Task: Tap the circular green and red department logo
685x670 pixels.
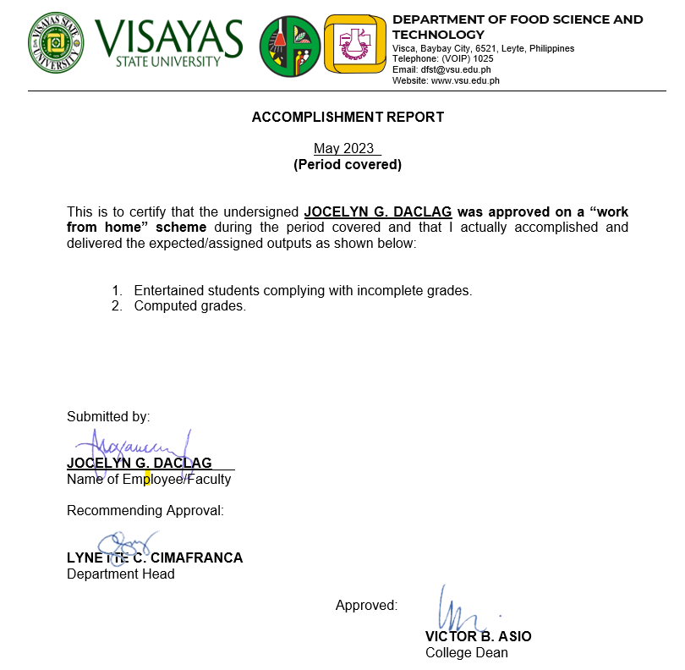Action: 289,46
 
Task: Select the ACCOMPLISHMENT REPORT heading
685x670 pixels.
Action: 348,118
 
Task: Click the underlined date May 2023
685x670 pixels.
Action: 344,149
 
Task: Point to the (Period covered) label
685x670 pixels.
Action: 348,165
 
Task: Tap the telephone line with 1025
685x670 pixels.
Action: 442,59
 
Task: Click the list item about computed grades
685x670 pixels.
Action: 189,306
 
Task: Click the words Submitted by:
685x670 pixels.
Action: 108,416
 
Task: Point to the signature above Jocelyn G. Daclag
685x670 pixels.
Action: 127,448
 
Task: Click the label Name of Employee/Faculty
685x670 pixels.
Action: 149,480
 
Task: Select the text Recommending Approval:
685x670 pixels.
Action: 145,511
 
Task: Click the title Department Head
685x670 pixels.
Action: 121,574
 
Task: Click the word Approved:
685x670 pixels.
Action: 366,606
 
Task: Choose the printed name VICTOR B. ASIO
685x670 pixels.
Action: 479,637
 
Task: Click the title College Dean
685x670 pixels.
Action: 467,653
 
